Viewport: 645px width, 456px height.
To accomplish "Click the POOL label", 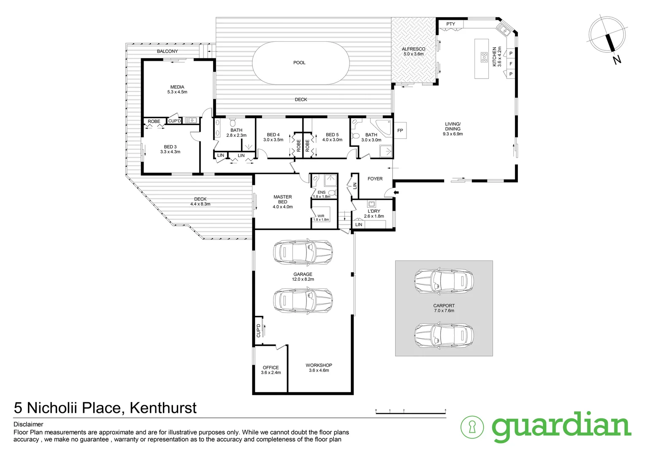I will pos(299,62).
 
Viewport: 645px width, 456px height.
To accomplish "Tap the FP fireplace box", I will pos(400,131).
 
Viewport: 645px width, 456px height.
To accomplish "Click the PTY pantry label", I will pos(451,24).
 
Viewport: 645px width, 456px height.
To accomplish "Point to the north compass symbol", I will pos(608,37).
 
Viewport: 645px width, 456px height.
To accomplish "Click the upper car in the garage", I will pos(303,252).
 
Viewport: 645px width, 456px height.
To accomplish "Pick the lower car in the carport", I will pos(444,335).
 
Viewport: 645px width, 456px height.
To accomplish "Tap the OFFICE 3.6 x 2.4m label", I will pos(271,370).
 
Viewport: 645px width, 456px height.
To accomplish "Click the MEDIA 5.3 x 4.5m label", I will pos(177,89).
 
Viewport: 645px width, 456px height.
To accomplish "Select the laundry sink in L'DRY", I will pos(371,204).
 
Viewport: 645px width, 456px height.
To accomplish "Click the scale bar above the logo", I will pos(410,412).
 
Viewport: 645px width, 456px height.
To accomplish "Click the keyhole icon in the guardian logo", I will pos(472,427).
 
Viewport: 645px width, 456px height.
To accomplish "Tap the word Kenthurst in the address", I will pos(163,408).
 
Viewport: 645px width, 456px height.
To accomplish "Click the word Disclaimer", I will pos(28,424).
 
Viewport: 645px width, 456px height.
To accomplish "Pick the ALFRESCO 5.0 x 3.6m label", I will pos(413,52).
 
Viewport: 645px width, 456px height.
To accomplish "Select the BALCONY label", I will pos(167,51).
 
